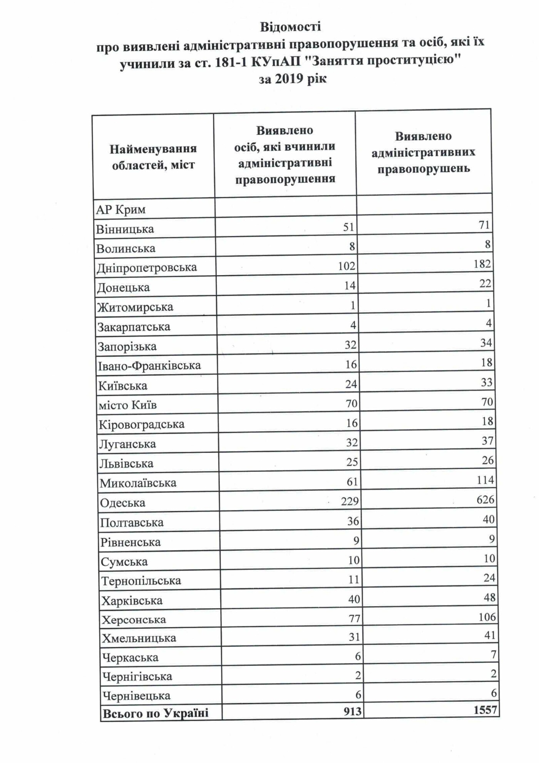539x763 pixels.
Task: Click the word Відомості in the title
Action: (x=290, y=27)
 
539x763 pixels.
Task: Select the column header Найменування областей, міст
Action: (x=153, y=157)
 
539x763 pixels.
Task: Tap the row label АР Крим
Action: (x=121, y=210)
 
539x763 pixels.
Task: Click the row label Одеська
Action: (x=122, y=503)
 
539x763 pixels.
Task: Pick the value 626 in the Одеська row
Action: (x=485, y=500)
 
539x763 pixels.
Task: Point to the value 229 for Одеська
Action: (x=350, y=501)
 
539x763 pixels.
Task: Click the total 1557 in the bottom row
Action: (x=485, y=709)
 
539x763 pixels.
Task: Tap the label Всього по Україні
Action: (x=156, y=713)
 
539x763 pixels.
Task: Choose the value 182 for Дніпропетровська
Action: (x=482, y=264)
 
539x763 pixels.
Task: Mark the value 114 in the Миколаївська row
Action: (x=485, y=480)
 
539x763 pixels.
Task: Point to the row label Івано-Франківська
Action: (x=149, y=366)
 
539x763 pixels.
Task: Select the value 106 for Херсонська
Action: (x=487, y=617)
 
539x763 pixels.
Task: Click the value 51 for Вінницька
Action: (x=348, y=227)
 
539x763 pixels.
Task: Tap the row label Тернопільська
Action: (x=141, y=581)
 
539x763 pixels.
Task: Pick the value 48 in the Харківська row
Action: (x=489, y=598)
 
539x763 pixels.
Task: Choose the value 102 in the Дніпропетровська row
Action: (x=346, y=266)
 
